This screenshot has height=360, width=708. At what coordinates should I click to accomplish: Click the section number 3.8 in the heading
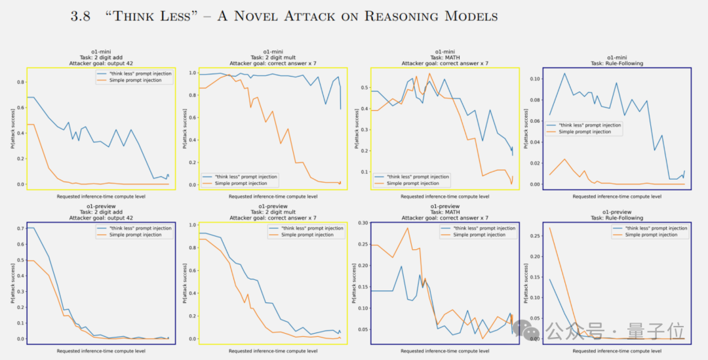(82, 16)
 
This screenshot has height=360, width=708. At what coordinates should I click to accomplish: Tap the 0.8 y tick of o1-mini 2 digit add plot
(20, 82)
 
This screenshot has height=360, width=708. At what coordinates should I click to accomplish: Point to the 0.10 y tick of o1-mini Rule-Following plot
(534, 79)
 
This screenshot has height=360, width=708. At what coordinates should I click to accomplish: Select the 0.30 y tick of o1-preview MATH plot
(362, 224)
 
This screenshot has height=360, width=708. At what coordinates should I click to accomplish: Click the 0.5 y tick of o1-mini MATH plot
(364, 87)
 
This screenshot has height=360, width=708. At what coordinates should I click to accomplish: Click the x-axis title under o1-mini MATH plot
(445, 196)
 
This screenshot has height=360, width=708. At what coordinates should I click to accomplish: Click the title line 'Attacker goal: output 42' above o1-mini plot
(102, 64)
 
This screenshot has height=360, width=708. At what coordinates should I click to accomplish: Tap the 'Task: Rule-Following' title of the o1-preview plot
(617, 218)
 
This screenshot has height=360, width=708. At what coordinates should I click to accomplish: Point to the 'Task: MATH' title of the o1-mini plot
(445, 57)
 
